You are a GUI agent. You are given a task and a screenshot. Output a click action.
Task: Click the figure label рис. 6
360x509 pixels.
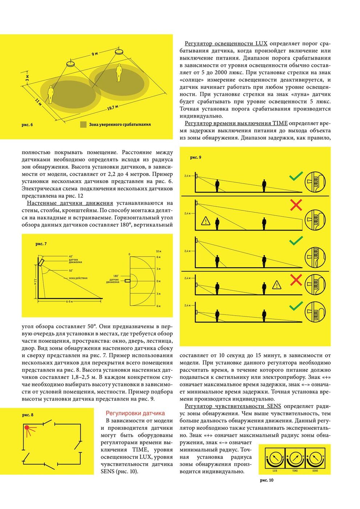[27, 125]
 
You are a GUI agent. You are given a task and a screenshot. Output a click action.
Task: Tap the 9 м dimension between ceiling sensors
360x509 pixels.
[95, 54]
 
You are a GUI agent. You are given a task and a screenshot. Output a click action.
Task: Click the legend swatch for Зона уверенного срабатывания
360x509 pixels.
[83, 124]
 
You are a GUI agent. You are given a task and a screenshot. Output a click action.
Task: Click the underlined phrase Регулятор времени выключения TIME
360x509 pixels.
[236, 123]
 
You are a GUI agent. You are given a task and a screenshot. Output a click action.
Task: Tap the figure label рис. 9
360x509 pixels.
[196, 157]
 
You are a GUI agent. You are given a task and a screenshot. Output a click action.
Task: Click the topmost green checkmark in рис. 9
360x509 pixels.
[296, 177]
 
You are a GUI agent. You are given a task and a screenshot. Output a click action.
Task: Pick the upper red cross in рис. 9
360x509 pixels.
[296, 205]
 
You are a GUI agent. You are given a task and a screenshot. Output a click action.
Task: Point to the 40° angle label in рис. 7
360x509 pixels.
[71, 256]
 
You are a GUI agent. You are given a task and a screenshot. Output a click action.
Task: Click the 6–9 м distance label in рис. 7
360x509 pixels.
[69, 302]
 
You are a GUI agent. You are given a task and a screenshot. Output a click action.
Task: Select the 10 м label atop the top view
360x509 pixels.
[158, 251]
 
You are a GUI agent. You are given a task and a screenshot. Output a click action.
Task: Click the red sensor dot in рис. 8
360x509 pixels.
[27, 428]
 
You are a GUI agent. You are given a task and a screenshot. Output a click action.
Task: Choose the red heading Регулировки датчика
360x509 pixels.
[135, 413]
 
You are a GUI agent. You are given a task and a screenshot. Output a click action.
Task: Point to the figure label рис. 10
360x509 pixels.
[267, 480]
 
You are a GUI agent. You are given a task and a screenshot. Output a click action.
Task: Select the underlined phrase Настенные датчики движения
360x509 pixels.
[70, 203]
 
